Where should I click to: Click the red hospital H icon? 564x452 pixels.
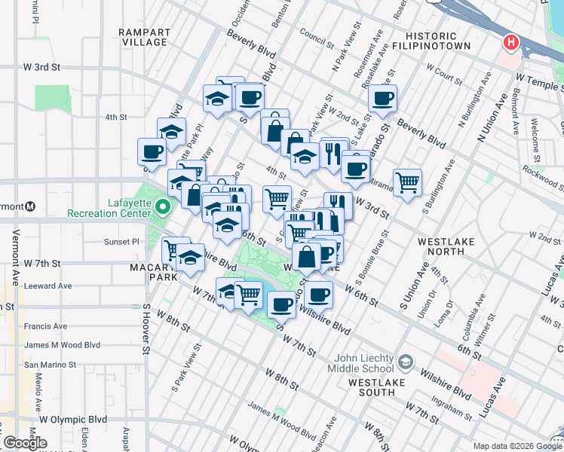pyautogui.click(x=510, y=42)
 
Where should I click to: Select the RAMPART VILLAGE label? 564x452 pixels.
pyautogui.click(x=143, y=37)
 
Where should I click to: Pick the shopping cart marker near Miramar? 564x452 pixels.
pyautogui.click(x=407, y=181)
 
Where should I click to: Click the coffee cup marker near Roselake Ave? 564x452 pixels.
pyautogui.click(x=383, y=97)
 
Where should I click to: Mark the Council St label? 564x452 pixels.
pyautogui.click(x=316, y=33)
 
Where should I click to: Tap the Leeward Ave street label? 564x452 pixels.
pyautogui.click(x=48, y=286)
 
